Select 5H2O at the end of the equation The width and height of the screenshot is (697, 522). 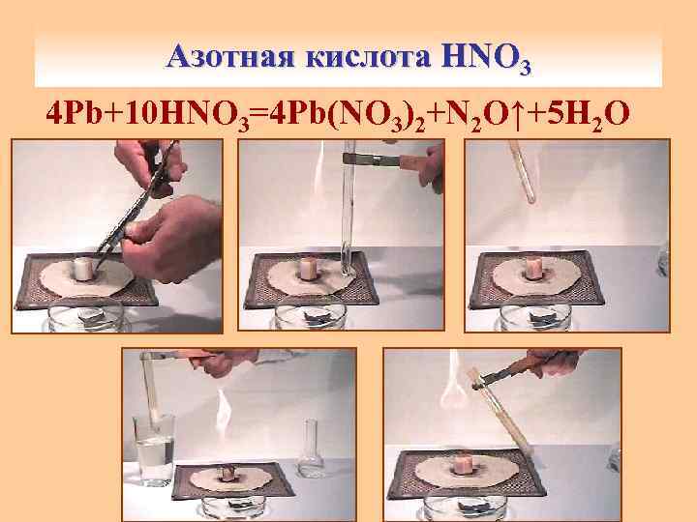[587, 115]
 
